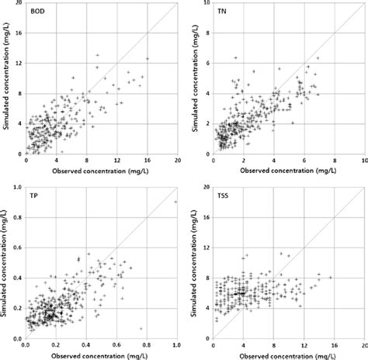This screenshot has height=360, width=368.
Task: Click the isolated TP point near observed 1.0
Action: point(176,202)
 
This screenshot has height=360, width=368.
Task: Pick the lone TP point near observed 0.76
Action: point(141,328)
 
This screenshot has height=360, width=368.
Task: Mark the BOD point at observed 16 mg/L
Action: point(147,59)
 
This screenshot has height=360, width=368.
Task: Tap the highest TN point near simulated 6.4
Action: point(236,58)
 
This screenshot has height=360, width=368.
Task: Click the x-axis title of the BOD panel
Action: point(101,169)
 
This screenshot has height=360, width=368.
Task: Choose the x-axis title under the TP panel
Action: point(101,354)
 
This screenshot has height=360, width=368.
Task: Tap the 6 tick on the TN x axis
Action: point(305,161)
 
